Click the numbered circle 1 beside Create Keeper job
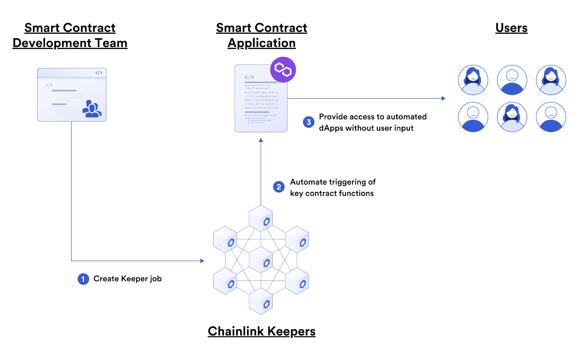click(x=83, y=279)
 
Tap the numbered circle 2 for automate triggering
click(x=278, y=187)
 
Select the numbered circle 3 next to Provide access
click(x=308, y=122)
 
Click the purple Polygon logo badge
click(x=283, y=70)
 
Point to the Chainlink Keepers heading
click(x=261, y=331)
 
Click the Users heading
click(x=511, y=28)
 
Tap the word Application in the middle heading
click(x=261, y=43)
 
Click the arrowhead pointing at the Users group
click(x=443, y=98)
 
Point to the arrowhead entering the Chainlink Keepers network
click(x=202, y=261)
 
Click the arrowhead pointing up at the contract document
click(x=261, y=140)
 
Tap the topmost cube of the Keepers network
click(x=261, y=218)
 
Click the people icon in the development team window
click(x=91, y=109)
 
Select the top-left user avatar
click(x=473, y=80)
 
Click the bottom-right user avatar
click(x=551, y=117)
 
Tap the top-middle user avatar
click(x=512, y=80)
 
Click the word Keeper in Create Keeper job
click(x=134, y=279)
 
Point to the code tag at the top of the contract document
click(x=249, y=77)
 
